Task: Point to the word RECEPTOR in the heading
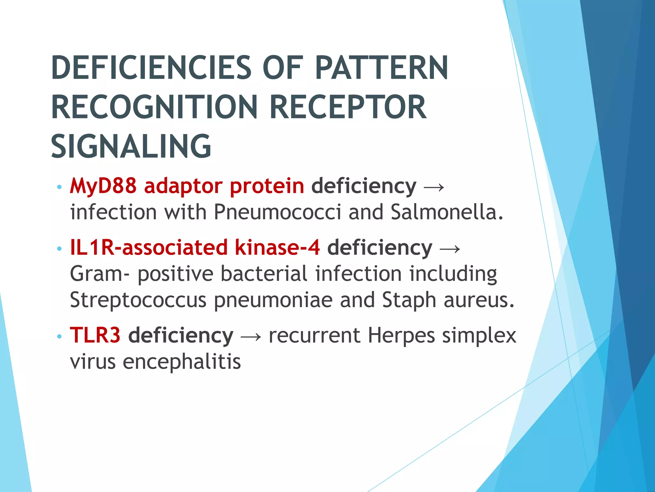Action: coord(348,107)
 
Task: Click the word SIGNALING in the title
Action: coord(131,146)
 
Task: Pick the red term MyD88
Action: coord(103,186)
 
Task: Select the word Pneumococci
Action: coord(277,212)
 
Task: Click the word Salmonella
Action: coord(446,212)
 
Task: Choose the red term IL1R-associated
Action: coord(149,248)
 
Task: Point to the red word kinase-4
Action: coord(277,248)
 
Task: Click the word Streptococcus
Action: coord(138,300)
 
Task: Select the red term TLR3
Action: coord(95,335)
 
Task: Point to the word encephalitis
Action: coord(182,362)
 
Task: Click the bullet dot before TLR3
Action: coord(59,336)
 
